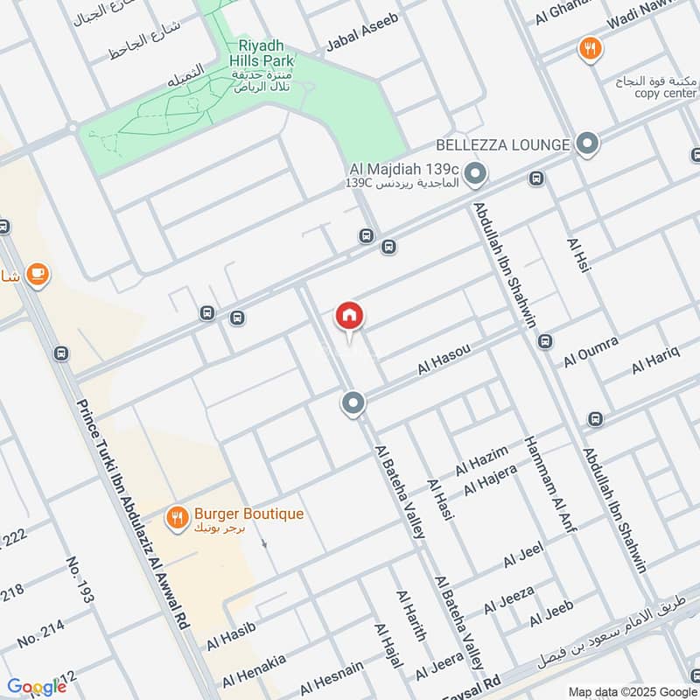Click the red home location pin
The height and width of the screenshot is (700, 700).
[350, 317]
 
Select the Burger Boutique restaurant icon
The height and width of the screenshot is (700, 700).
[178, 517]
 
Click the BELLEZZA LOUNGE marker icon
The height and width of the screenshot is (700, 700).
[587, 143]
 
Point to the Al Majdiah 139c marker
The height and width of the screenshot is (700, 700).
[475, 176]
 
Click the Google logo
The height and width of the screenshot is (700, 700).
[37, 687]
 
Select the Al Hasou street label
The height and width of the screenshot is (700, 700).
[444, 360]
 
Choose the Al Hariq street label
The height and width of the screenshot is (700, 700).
[655, 361]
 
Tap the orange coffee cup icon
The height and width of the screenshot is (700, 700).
[36, 275]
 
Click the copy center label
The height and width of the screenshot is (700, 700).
[666, 93]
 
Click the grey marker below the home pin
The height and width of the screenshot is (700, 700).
[353, 403]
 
